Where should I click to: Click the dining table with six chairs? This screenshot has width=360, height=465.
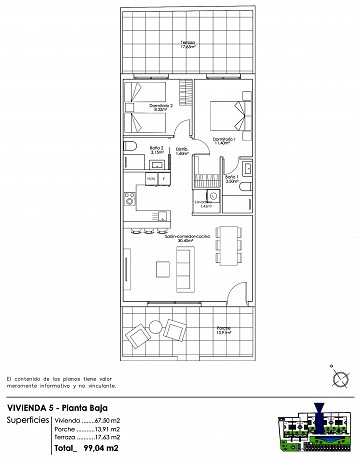pyautogui.click(x=229, y=244)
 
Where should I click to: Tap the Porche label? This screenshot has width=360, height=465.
pyautogui.click(x=223, y=331)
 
